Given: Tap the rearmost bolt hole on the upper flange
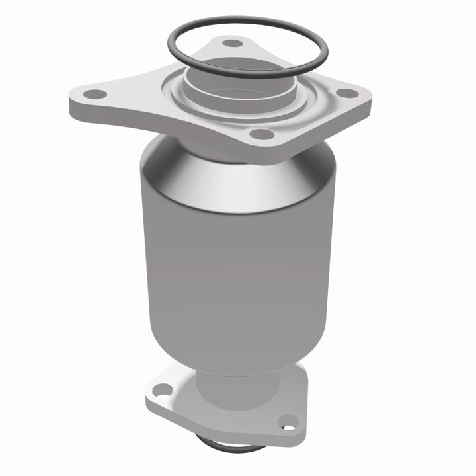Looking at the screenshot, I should click(x=231, y=43).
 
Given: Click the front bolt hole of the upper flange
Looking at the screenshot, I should click(x=263, y=134).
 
